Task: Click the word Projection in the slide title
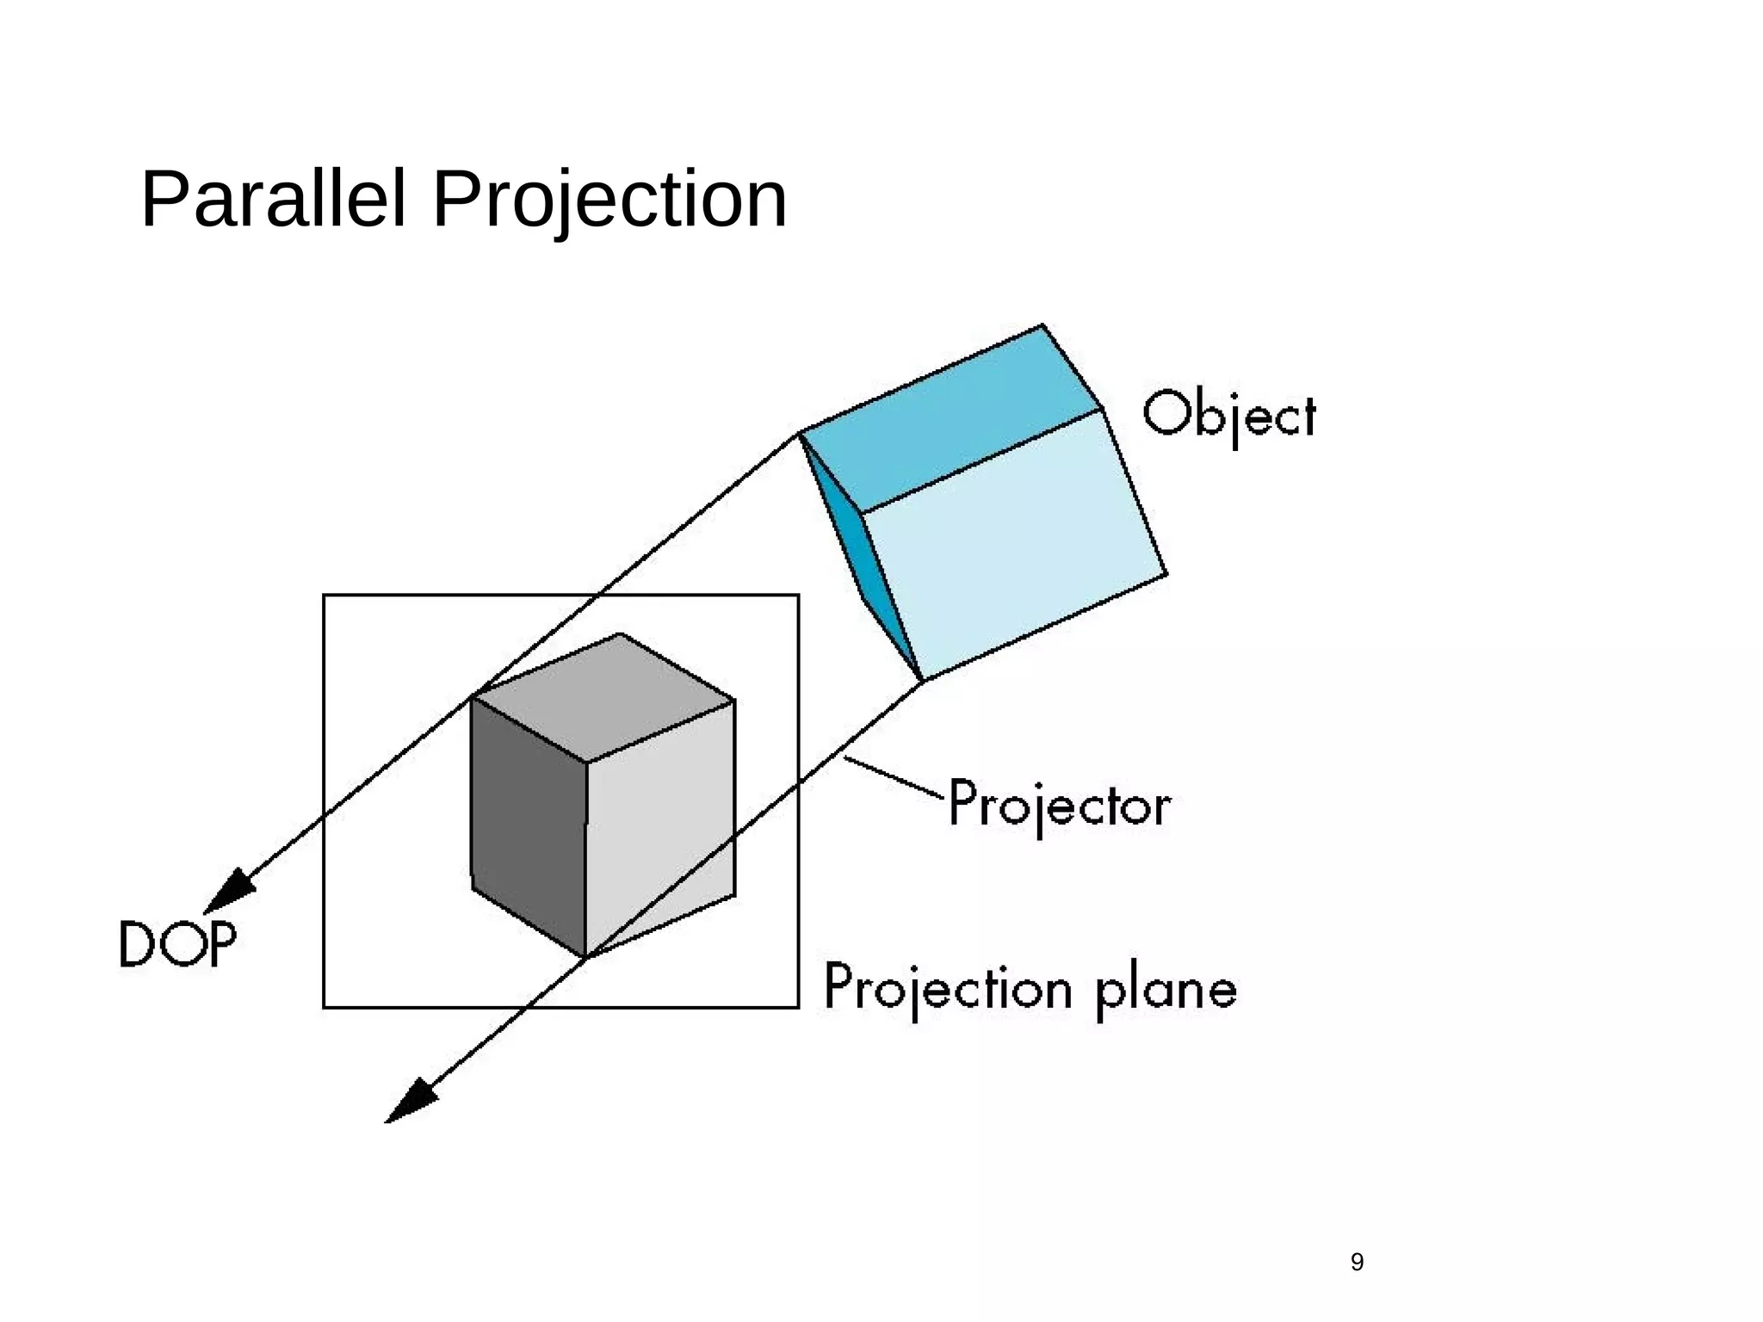609,201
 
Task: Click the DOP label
177,944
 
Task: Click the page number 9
1357,1263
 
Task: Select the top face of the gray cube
603,697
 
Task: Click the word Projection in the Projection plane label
948,988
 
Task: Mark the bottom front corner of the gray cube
586,956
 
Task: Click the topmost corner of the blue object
1042,325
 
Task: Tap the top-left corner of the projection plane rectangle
325,596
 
